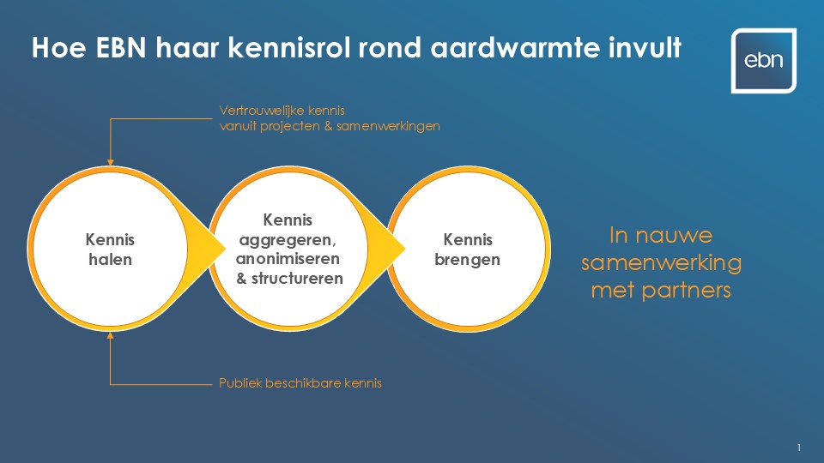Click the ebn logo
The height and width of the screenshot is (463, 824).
764,61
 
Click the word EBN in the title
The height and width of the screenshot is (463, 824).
121,48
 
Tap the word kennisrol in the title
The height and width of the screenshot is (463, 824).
289,48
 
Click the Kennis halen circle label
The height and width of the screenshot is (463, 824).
111,250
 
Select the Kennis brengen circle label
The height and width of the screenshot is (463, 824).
467,250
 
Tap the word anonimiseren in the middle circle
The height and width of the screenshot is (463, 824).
288,259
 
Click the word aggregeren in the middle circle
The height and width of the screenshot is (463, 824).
288,240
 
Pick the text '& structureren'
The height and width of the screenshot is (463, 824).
289,278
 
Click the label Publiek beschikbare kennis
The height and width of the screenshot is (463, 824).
300,383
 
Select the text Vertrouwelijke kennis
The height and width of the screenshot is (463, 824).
282,111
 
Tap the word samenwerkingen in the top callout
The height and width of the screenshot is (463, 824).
388,126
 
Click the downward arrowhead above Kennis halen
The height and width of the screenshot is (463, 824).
111,162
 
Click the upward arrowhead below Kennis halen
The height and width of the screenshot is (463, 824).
111,335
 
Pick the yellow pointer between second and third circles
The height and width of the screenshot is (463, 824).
388,249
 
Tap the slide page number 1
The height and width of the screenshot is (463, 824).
799,448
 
